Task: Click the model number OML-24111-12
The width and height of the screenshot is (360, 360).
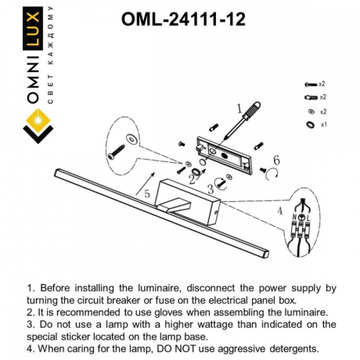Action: (x=184, y=20)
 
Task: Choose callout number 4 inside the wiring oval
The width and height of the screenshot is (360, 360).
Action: (x=280, y=211)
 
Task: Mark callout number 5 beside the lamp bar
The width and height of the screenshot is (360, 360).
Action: (x=146, y=193)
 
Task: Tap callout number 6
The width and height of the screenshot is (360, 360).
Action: (x=275, y=161)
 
